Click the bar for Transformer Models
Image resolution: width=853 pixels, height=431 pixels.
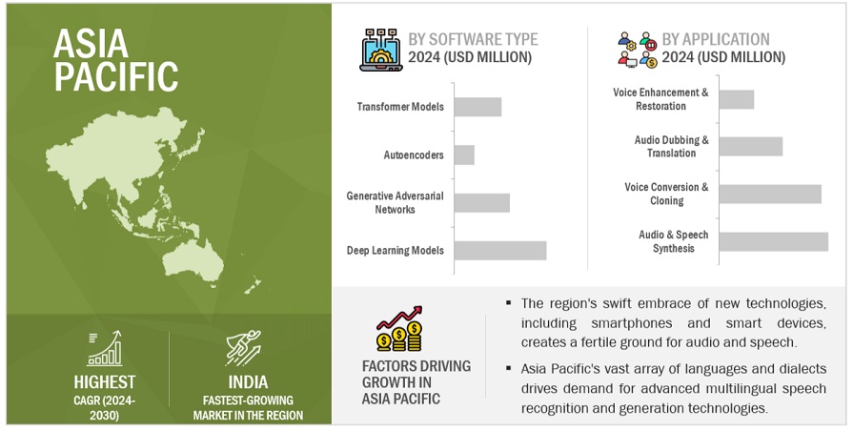[477, 107]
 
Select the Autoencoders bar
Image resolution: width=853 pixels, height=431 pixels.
[464, 154]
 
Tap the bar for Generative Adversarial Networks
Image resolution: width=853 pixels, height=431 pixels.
[481, 202]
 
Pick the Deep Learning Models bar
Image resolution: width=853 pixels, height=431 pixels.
[499, 250]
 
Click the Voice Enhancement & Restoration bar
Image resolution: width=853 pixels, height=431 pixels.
[736, 99]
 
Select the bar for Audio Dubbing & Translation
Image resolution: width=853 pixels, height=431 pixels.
[750, 146]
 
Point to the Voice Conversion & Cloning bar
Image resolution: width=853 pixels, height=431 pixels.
[769, 194]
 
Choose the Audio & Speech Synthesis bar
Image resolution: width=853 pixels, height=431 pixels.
[773, 241]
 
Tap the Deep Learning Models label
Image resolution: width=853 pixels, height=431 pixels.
[396, 251]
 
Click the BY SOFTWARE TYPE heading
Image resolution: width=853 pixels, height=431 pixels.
[473, 39]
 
